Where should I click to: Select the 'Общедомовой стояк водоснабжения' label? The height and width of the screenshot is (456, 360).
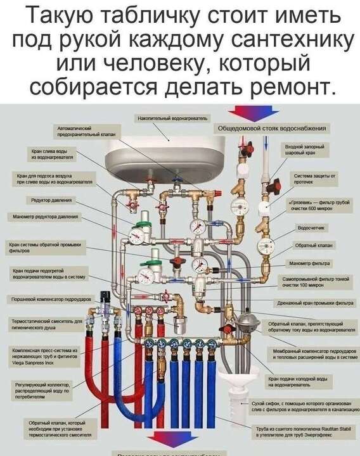click(x=272, y=128)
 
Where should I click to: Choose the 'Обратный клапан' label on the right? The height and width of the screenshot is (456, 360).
click(x=309, y=245)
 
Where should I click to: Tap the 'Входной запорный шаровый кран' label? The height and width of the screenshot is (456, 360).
click(x=305, y=149)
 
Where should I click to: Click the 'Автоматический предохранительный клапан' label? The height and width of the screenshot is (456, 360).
click(x=75, y=131)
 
